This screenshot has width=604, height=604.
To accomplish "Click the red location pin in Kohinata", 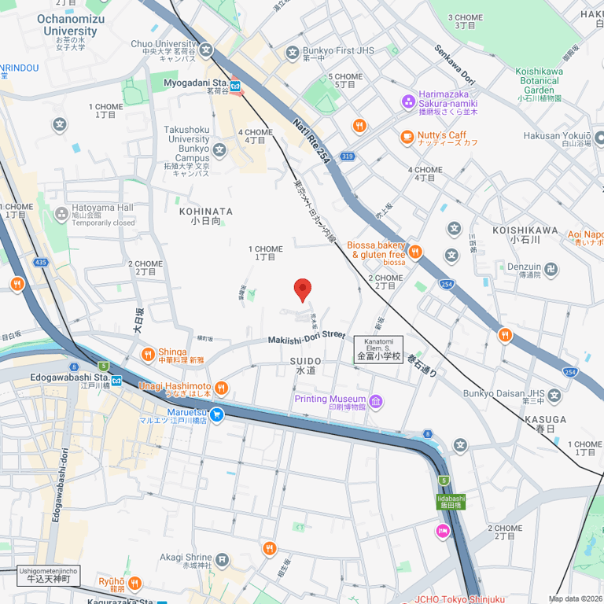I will pyautogui.click(x=303, y=289).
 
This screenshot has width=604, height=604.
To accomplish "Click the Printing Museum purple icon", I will pyautogui.click(x=376, y=402).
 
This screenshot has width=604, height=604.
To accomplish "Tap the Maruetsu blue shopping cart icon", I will pyautogui.click(x=216, y=414).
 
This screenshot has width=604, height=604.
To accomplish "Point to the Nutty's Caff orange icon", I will pyautogui.click(x=407, y=138).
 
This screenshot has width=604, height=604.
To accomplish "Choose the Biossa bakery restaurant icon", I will pyautogui.click(x=415, y=252).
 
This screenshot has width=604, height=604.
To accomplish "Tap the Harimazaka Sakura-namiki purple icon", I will pyautogui.click(x=407, y=101).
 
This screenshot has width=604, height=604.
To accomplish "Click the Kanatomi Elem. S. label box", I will pyautogui.click(x=378, y=349).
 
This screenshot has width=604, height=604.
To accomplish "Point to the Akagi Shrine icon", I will pyautogui.click(x=223, y=560).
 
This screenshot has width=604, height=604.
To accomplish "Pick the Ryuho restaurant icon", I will pyautogui.click(x=134, y=583).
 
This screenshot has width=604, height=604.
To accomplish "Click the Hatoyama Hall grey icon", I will pyautogui.click(x=62, y=214).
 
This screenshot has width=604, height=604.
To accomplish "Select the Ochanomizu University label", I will pyautogui.click(x=71, y=25).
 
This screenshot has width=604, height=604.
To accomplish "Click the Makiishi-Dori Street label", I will pyautogui.click(x=307, y=337).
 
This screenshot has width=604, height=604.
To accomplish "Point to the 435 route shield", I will pyautogui.click(x=42, y=262).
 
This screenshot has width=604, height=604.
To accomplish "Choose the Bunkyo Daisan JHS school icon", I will pyautogui.click(x=554, y=395).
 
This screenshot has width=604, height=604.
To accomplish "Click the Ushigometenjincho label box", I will pyautogui.click(x=48, y=576).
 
